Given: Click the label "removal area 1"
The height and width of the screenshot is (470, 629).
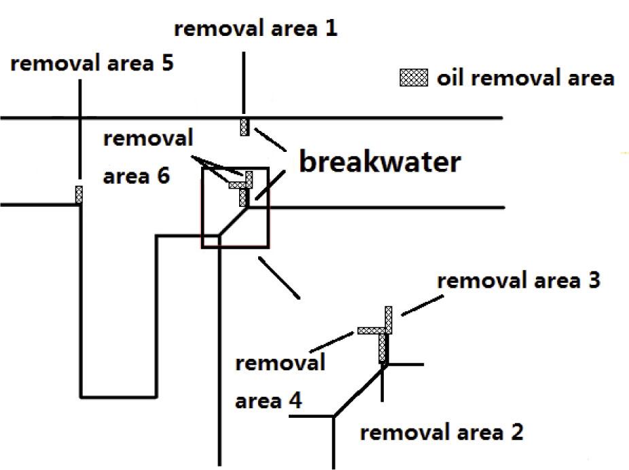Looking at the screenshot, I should pyautogui.click(x=255, y=29).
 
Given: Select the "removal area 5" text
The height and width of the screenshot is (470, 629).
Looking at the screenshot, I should pyautogui.click(x=92, y=64).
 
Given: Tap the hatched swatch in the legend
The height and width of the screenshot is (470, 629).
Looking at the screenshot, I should pyautogui.click(x=413, y=78).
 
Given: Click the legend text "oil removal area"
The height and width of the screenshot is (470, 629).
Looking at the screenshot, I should pyautogui.click(x=525, y=78).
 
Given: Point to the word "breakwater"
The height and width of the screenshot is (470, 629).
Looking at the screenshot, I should pyautogui.click(x=380, y=162).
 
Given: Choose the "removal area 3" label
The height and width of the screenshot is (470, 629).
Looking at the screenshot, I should pyautogui.click(x=518, y=281).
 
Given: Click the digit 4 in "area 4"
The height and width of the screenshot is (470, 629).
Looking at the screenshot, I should pyautogui.click(x=295, y=401).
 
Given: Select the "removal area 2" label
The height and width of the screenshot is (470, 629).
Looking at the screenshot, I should pyautogui.click(x=442, y=432).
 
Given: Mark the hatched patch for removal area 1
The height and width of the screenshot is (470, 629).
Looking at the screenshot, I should pyautogui.click(x=244, y=127).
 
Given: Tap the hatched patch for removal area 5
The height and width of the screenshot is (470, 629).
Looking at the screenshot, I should pyautogui.click(x=79, y=195).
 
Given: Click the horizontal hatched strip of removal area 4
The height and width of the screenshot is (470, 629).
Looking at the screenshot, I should pyautogui.click(x=371, y=331).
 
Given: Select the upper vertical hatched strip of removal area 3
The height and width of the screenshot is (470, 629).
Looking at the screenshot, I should pyautogui.click(x=389, y=318).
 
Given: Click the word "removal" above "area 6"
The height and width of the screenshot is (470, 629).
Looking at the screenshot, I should pyautogui.click(x=148, y=138).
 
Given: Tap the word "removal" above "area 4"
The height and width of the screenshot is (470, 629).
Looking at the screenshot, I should pyautogui.click(x=280, y=363).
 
